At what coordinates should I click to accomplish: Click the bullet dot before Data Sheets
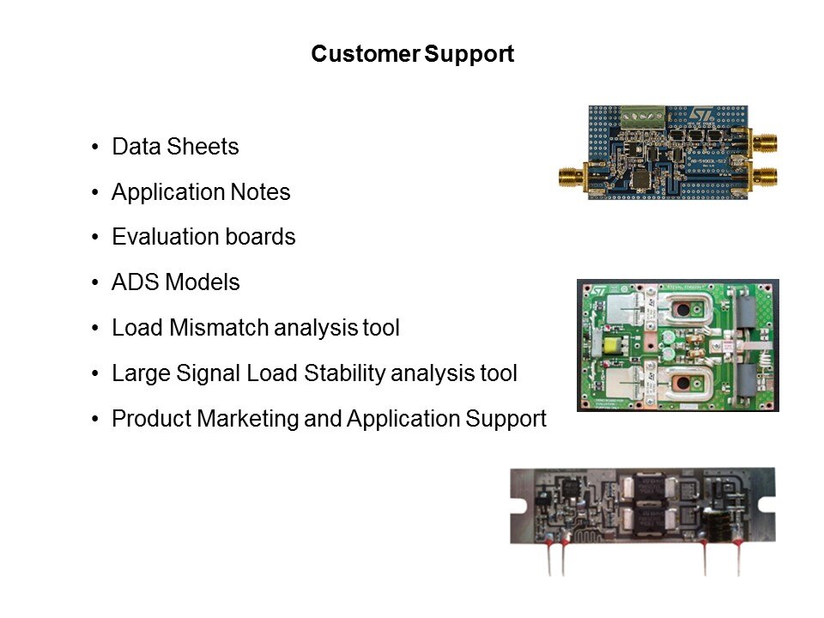94,148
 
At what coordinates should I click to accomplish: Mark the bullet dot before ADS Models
94,283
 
